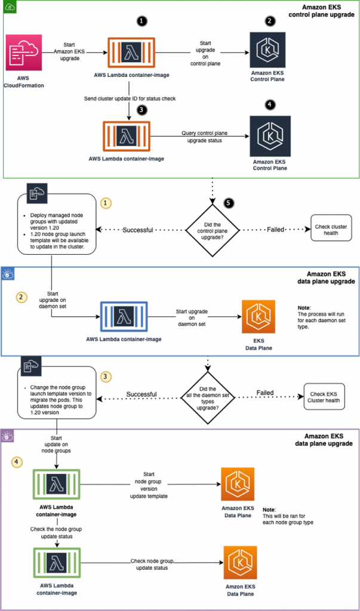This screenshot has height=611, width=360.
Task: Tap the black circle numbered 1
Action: coord(141,21)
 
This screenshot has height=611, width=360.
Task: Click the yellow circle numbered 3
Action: coord(106,377)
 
